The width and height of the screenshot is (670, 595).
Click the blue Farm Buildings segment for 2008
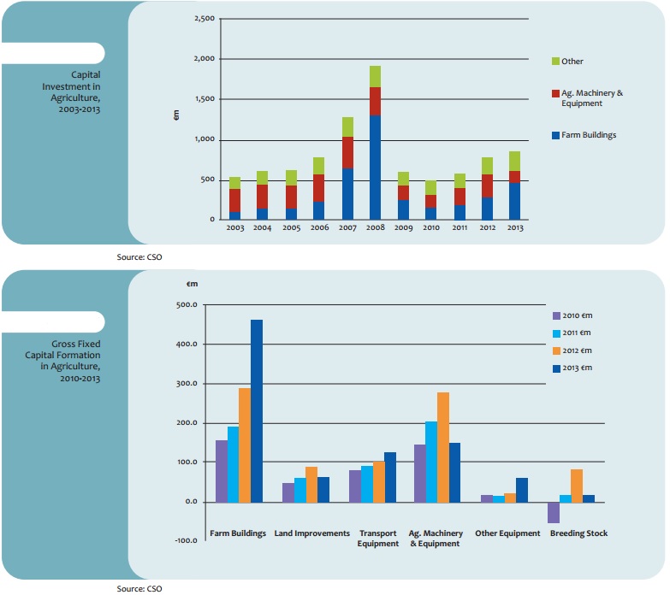[x=375, y=168]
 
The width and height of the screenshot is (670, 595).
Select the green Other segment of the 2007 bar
[x=347, y=127]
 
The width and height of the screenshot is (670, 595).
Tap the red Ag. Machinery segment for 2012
[x=486, y=186]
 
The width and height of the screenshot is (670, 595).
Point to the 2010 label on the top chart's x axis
[x=430, y=228]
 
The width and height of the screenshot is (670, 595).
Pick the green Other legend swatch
[x=555, y=62]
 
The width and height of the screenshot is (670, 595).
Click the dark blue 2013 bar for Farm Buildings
[x=257, y=410]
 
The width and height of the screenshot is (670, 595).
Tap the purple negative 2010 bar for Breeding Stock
[x=554, y=512]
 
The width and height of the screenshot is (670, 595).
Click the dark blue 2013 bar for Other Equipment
[x=522, y=490]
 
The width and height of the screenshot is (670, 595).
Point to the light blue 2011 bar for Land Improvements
[x=299, y=490]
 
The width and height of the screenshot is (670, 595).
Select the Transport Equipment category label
[x=378, y=538]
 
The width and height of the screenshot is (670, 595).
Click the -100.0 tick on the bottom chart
[x=187, y=541]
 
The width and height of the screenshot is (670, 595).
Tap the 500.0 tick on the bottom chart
[x=187, y=305]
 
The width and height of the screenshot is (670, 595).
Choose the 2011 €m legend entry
[x=578, y=333]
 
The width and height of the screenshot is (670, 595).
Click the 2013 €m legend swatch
[x=556, y=368]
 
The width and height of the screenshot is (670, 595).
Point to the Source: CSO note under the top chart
[x=139, y=256]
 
